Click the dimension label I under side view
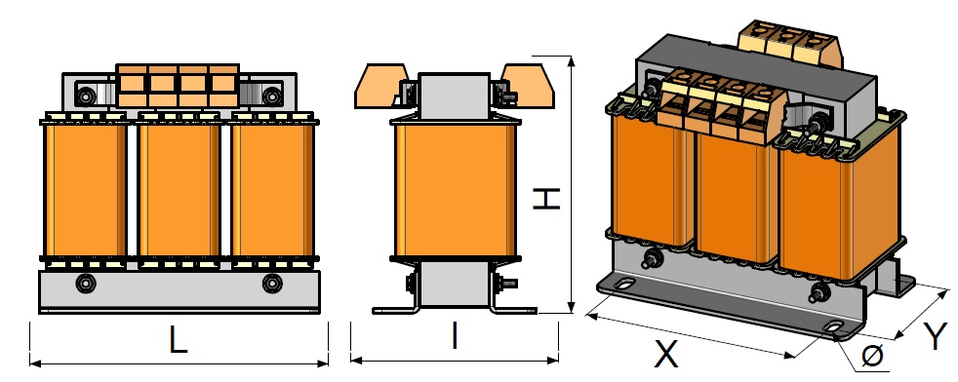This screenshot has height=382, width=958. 455,336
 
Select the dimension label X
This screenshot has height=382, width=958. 666,354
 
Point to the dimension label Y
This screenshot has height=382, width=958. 935,336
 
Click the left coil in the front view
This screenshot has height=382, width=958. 84,190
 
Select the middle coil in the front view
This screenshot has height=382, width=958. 179,190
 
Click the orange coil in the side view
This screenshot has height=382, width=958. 455,190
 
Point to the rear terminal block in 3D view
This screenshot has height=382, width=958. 794,44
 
